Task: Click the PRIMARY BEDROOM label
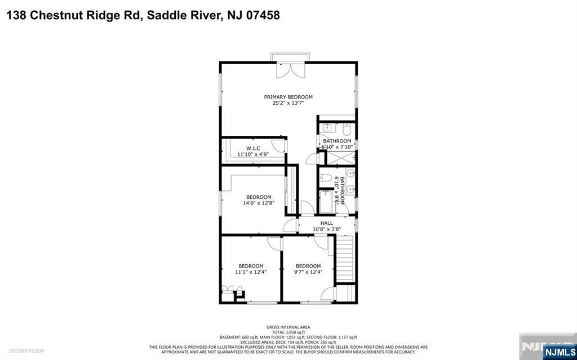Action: coord(288,97)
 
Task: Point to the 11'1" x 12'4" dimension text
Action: coord(251,272)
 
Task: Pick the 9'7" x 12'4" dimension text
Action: coord(308,272)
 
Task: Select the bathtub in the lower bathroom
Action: coord(326,202)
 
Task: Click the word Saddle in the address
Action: coord(166,16)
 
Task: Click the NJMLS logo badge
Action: coord(558,352)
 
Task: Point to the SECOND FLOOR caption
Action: coord(26,350)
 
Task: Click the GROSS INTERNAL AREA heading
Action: coord(288,327)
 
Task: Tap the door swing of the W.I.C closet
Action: coord(284,145)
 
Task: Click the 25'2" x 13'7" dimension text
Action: coord(288,103)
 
